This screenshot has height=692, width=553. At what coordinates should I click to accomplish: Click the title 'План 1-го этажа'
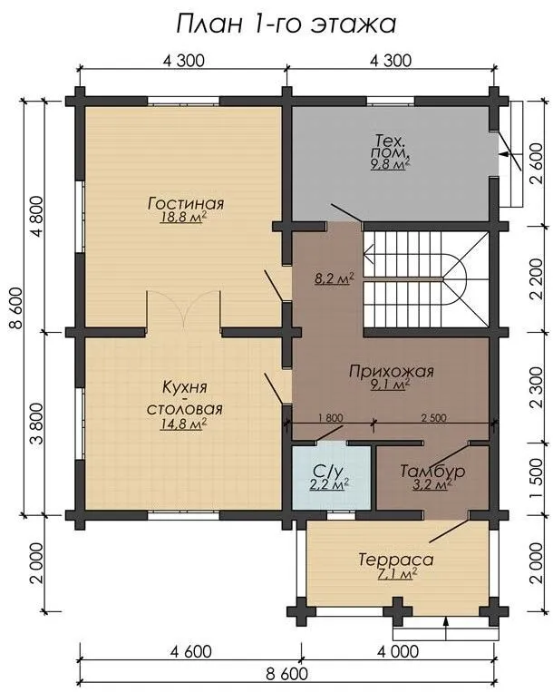286,24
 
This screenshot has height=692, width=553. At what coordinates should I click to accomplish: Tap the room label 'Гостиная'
186,203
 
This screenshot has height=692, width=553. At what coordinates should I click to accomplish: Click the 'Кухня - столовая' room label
184,398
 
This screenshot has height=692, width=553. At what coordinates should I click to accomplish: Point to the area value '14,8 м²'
184,424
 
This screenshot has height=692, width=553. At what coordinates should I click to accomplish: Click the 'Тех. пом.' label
391,147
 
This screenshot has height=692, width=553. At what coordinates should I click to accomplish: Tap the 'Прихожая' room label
391,371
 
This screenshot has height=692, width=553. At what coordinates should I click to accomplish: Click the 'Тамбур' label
432,471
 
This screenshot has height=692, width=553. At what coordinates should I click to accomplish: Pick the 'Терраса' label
395,560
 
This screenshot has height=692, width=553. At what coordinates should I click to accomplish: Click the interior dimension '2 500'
434,417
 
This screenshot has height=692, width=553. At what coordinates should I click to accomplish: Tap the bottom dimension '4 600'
191,652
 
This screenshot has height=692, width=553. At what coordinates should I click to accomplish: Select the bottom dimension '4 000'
398,652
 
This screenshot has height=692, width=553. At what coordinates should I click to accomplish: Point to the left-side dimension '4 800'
37,216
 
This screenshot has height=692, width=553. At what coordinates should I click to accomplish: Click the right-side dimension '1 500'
537,478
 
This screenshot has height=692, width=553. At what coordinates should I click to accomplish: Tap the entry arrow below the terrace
446,628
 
